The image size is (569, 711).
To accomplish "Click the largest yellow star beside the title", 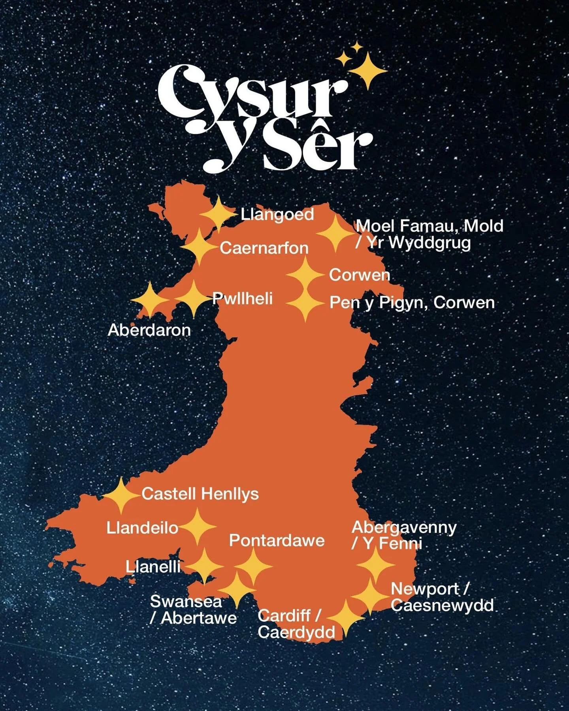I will [368, 70].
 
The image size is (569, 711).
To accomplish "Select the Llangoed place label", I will [277, 215].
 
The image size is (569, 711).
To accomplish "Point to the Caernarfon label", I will [264, 248].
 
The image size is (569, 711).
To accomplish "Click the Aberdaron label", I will [149, 330].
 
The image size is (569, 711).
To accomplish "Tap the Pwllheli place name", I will [243, 298].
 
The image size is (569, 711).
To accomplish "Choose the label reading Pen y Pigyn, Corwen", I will [412, 303].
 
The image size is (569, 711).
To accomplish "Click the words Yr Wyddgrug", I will [419, 243].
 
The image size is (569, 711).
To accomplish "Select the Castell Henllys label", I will [200, 494].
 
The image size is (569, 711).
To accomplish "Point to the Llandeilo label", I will [142, 528].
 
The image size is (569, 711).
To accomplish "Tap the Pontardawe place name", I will [277, 541].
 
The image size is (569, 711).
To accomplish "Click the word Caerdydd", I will [296, 633].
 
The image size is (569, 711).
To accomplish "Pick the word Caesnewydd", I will [443, 605].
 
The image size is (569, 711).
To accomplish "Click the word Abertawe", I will [199, 619].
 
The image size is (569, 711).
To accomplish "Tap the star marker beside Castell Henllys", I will [121, 495].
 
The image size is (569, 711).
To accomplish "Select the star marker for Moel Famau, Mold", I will [335, 234].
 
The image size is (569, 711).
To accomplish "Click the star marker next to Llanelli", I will [204, 565].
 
